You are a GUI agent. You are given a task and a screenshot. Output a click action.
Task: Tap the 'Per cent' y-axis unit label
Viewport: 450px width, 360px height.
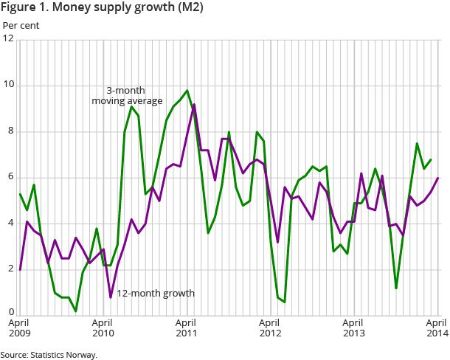click(x=21, y=25)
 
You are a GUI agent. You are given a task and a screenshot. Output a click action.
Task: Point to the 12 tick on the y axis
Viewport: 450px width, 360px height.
click(x=8, y=39)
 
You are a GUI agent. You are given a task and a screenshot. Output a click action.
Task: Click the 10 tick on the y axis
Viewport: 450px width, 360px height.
click(x=8, y=86)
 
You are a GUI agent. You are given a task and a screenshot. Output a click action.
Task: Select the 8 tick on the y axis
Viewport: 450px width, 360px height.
click(x=10, y=132)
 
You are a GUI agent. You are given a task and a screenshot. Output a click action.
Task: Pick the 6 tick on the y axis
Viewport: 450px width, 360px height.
click(x=10, y=178)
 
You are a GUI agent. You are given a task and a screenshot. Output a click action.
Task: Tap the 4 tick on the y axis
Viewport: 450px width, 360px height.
click(x=10, y=224)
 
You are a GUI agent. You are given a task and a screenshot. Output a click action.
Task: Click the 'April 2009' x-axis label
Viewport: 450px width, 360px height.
click(x=20, y=328)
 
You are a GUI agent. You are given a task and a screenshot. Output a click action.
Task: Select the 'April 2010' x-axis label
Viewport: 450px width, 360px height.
click(x=104, y=328)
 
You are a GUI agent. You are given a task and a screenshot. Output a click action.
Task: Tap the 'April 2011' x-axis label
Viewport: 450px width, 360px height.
click(x=187, y=328)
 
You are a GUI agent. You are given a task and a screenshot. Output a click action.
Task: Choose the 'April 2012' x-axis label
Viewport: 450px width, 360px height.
click(x=271, y=328)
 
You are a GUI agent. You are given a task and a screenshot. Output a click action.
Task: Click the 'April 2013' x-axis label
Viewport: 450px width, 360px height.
click(x=355, y=328)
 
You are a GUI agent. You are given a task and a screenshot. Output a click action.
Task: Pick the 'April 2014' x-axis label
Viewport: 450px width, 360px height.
click(x=437, y=328)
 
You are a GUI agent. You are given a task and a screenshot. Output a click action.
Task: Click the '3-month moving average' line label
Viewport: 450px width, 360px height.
click(x=127, y=95)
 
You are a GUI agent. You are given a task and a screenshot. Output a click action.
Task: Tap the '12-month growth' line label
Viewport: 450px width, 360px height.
click(x=156, y=293)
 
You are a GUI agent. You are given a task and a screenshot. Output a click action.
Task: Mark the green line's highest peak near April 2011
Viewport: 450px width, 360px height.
click(x=187, y=91)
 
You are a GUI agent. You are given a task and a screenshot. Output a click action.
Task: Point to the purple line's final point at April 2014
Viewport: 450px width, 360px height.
click(x=438, y=178)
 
